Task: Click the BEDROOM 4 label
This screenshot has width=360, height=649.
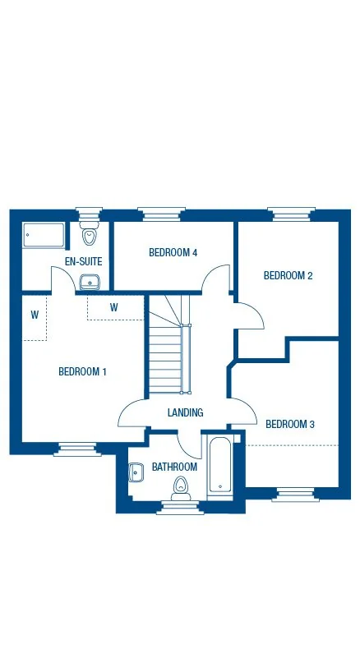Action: pyautogui.click(x=173, y=253)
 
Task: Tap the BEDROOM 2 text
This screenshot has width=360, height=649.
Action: pyautogui.click(x=288, y=276)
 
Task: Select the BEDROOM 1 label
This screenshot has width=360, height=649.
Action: pyautogui.click(x=82, y=372)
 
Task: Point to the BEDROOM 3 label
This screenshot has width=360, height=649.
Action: pyautogui.click(x=289, y=425)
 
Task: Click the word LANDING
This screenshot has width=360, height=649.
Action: pyautogui.click(x=185, y=413)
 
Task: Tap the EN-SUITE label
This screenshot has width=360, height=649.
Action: pyautogui.click(x=83, y=262)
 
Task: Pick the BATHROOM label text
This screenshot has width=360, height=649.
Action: pyautogui.click(x=174, y=467)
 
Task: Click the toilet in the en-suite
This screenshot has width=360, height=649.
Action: pyautogui.click(x=89, y=236)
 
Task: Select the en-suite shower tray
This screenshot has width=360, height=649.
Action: pyautogui.click(x=44, y=235)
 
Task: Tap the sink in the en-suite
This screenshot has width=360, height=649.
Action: pyautogui.click(x=90, y=283)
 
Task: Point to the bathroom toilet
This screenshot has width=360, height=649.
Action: pyautogui.click(x=180, y=490)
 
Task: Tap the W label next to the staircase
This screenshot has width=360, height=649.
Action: pyautogui.click(x=113, y=308)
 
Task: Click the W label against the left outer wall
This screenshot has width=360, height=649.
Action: pyautogui.click(x=35, y=314)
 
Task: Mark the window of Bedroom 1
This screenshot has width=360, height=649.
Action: pyautogui.click(x=78, y=449)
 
